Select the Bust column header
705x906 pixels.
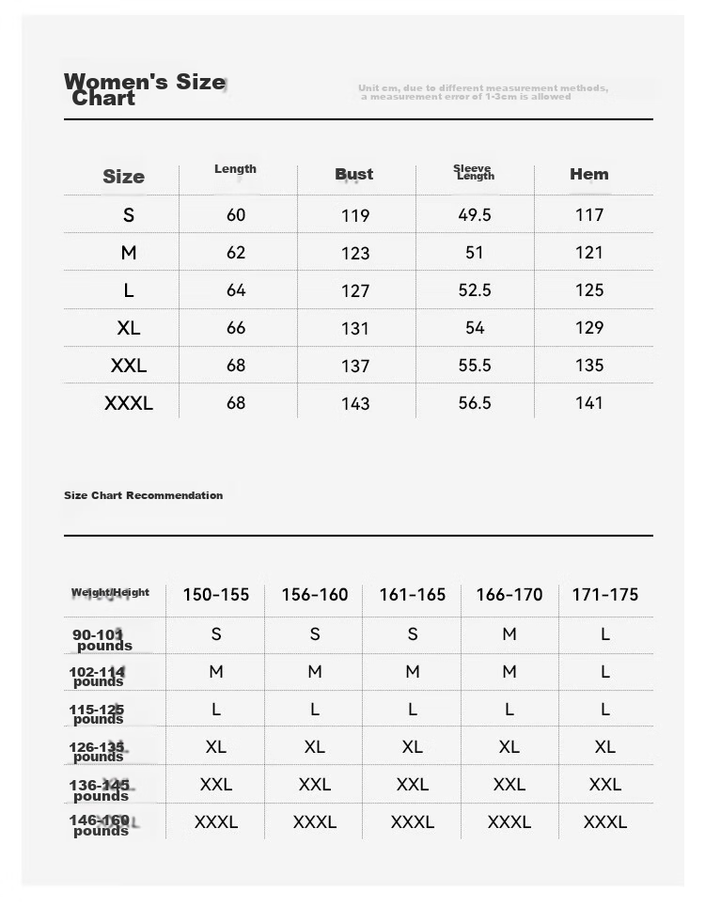click(354, 174)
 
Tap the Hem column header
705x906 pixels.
click(589, 174)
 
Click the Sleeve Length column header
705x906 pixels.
click(474, 172)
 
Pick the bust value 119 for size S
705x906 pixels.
click(355, 215)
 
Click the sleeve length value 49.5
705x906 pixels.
click(475, 215)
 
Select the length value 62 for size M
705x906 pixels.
click(236, 253)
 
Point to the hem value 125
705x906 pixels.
click(589, 290)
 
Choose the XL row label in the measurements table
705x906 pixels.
click(129, 328)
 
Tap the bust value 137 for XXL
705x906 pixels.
click(355, 366)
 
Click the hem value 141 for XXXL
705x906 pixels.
click(589, 403)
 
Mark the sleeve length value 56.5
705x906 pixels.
click(475, 403)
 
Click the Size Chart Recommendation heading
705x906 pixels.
click(144, 495)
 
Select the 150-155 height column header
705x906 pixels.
click(216, 595)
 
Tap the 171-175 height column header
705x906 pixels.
click(605, 595)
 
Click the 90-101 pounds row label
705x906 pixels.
click(102, 640)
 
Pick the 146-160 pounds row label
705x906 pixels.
click(101, 825)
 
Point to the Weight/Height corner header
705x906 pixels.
click(110, 593)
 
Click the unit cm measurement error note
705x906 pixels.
click(482, 92)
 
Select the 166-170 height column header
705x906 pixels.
click(509, 595)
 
